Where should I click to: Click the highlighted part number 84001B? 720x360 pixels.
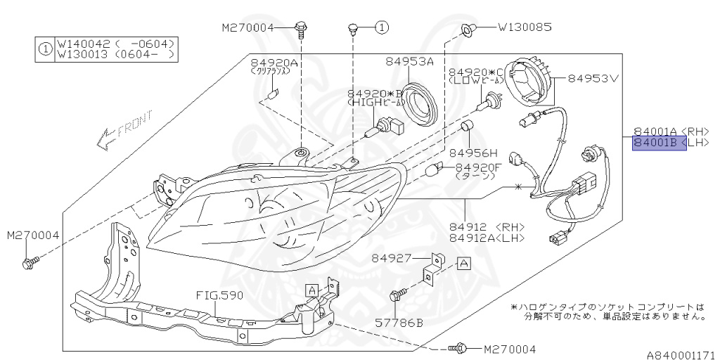656,143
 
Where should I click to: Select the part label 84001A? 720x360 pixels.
656,131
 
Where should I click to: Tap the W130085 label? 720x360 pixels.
525,28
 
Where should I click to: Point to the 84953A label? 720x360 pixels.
409,62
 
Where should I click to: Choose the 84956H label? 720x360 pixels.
473,153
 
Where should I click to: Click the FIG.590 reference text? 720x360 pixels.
220,296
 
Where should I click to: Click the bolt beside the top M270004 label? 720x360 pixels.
302,28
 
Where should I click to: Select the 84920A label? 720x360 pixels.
275,63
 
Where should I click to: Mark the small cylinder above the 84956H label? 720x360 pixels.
465,129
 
